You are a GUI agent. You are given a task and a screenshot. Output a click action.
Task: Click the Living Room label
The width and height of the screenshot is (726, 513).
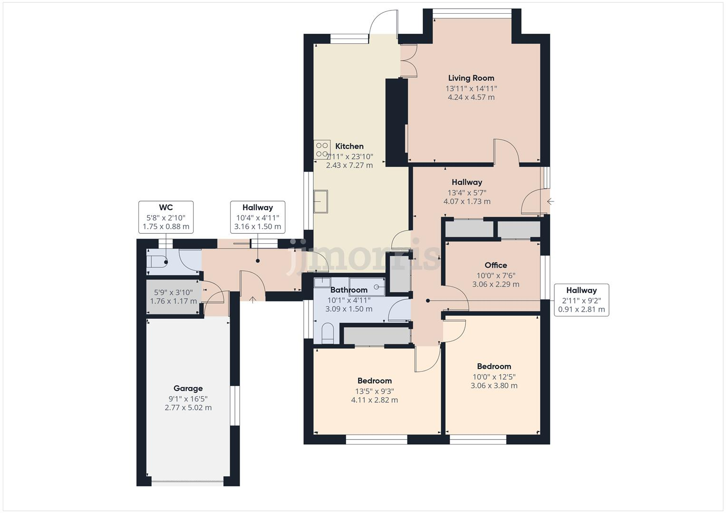(x=471, y=78)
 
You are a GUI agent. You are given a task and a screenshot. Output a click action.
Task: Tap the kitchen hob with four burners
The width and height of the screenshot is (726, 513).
(x=322, y=150)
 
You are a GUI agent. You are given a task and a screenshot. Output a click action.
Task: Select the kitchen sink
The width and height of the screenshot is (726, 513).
(x=320, y=201)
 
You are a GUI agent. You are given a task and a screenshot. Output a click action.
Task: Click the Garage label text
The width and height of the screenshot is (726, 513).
(x=188, y=389)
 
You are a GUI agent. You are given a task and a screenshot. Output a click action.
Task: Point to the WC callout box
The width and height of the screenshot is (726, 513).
(x=166, y=217)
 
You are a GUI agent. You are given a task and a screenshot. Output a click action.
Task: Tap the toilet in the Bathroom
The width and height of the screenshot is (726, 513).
(x=328, y=333)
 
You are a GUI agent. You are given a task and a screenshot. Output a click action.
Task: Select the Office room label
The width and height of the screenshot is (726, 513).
(x=495, y=265)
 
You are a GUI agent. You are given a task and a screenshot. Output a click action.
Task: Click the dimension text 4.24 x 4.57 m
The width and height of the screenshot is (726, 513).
(x=471, y=97)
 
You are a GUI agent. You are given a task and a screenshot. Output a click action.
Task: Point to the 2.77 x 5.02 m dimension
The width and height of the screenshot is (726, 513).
(x=188, y=408)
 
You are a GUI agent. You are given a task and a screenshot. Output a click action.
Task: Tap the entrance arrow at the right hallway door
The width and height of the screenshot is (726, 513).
(x=551, y=201)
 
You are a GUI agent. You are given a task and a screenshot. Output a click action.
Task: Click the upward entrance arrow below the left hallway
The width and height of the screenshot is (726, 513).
(x=252, y=300)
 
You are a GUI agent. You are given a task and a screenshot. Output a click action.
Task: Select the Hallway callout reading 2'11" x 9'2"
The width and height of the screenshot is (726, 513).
(x=581, y=300)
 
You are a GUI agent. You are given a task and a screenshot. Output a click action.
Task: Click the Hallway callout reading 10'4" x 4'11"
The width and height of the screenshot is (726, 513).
(x=258, y=217)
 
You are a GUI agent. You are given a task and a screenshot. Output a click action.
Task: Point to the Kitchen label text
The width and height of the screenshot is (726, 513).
(x=349, y=146)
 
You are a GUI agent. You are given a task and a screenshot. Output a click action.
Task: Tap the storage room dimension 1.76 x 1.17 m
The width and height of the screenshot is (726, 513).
(x=174, y=301)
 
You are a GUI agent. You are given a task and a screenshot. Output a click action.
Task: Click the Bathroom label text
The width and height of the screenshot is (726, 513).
(x=349, y=290)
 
